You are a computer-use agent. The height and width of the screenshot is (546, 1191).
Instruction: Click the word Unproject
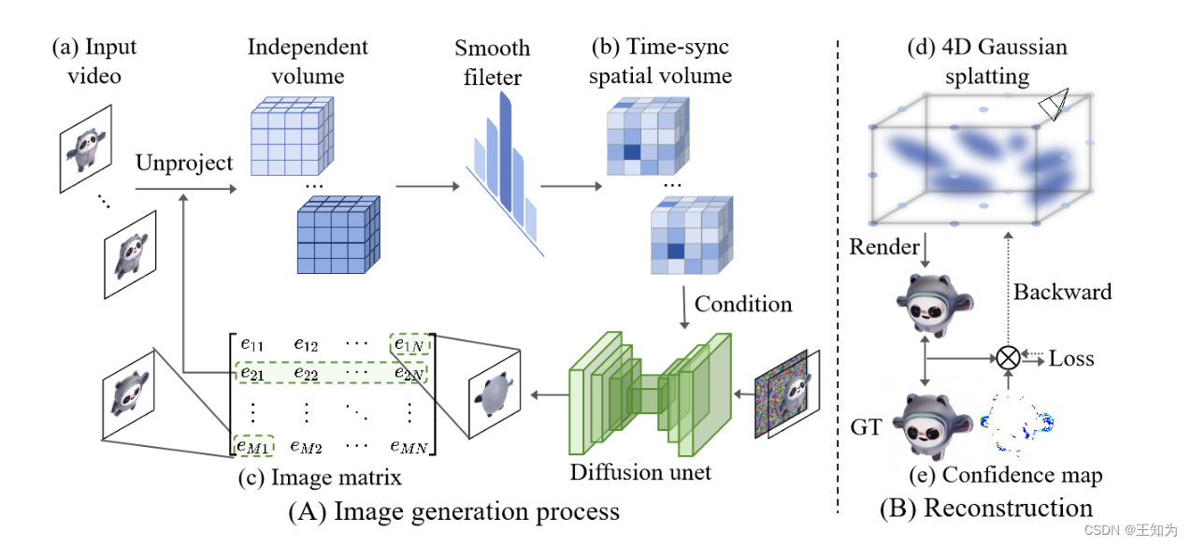click(184, 163)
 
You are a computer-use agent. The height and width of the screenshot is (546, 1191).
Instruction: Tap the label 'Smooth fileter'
click(492, 63)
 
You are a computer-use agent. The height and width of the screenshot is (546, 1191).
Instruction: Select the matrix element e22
click(305, 373)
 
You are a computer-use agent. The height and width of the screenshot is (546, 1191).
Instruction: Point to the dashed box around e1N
click(410, 344)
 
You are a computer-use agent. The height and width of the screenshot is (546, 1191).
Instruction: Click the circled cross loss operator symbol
click(1008, 357)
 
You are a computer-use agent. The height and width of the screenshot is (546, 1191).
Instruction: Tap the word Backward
click(1063, 292)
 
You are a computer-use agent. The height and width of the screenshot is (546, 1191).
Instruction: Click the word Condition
click(743, 305)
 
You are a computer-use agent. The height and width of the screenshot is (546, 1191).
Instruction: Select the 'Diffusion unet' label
click(640, 472)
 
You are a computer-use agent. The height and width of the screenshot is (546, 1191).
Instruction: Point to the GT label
click(866, 427)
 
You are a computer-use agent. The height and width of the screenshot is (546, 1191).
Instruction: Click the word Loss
click(1071, 358)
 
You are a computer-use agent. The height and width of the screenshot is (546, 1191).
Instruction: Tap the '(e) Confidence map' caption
click(1005, 475)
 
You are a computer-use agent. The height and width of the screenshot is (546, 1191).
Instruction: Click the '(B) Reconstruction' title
click(985, 508)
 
